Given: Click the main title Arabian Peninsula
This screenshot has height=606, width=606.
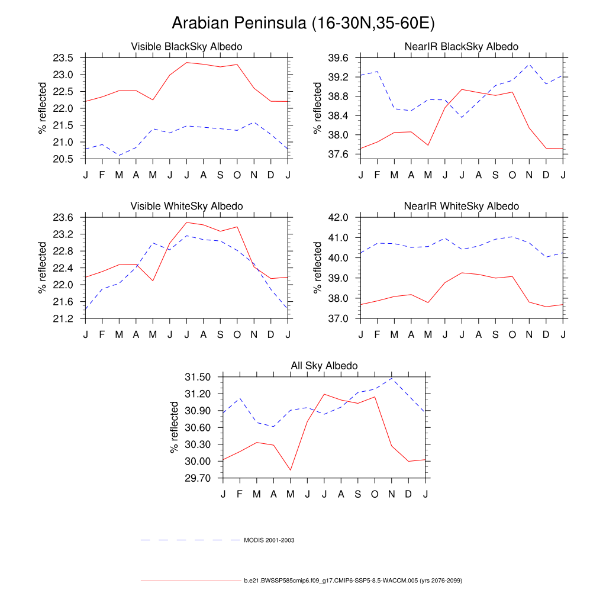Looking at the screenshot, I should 303,24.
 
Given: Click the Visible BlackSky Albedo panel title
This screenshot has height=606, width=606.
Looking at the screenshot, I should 186,46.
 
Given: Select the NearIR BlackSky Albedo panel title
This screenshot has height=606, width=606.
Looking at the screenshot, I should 462,46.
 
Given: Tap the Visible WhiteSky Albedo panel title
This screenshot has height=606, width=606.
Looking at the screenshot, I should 186,206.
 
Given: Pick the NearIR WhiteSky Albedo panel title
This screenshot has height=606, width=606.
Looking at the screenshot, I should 462,206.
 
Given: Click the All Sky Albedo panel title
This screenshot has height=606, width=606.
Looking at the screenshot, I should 324,366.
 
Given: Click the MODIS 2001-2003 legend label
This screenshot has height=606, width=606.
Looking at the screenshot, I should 269,540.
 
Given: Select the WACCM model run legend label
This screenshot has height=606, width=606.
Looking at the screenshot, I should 353,581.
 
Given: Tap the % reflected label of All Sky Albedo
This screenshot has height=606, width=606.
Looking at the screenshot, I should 175,427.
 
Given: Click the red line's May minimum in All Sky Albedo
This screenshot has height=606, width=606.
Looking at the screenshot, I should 290,470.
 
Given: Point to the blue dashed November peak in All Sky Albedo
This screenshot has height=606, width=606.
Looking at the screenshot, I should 391,378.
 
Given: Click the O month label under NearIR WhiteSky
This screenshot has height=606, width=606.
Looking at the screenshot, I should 512,334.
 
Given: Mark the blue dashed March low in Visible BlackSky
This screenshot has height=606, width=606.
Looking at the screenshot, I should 119,156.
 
